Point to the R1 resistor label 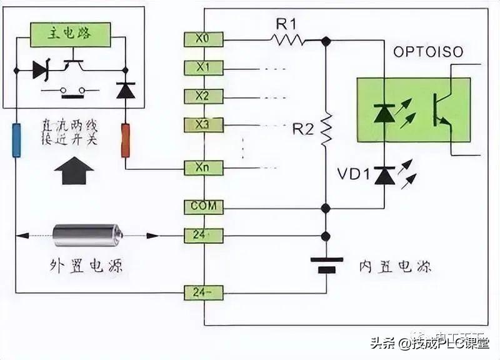pyautogui.click(x=288, y=25)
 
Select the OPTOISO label pyautogui.click(x=428, y=52)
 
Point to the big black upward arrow pyautogui.click(x=74, y=170)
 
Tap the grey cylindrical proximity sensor pyautogui.click(x=88, y=236)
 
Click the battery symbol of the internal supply pyautogui.click(x=325, y=264)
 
